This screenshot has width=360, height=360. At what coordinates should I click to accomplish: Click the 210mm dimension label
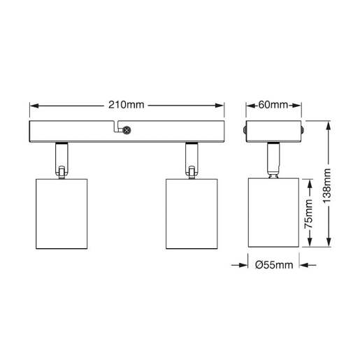point(126,106)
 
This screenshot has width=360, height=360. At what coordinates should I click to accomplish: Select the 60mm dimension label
point(274,106)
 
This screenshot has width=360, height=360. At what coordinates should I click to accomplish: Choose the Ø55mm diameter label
point(273,266)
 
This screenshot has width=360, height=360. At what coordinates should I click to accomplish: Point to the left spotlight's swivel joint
point(62,168)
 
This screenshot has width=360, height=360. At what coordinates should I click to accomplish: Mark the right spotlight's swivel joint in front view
point(191,168)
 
